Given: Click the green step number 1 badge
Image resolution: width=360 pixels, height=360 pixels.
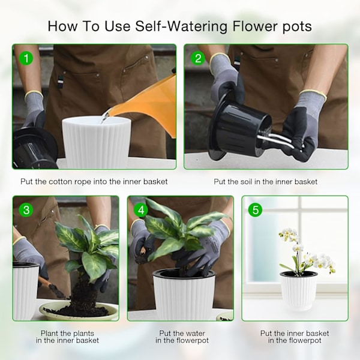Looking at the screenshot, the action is (x=26, y=58).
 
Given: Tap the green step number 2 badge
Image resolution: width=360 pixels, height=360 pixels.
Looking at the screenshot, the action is (x=198, y=58).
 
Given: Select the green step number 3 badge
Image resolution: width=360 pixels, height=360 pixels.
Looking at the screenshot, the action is (x=26, y=210).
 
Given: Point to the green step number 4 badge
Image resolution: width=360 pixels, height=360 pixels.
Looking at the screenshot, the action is (x=141, y=210).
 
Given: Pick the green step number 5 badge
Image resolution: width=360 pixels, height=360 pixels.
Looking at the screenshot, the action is (x=256, y=210).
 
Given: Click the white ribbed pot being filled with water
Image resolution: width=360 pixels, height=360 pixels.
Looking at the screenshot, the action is (x=97, y=142).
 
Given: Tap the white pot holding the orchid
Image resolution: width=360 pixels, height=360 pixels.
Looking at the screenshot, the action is (x=298, y=290).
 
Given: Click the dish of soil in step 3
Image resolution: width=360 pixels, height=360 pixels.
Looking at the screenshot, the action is (x=78, y=311).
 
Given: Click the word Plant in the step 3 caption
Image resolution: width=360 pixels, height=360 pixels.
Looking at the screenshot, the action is (x=50, y=334).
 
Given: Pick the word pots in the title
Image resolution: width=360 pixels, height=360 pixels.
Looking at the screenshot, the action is (x=297, y=27).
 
